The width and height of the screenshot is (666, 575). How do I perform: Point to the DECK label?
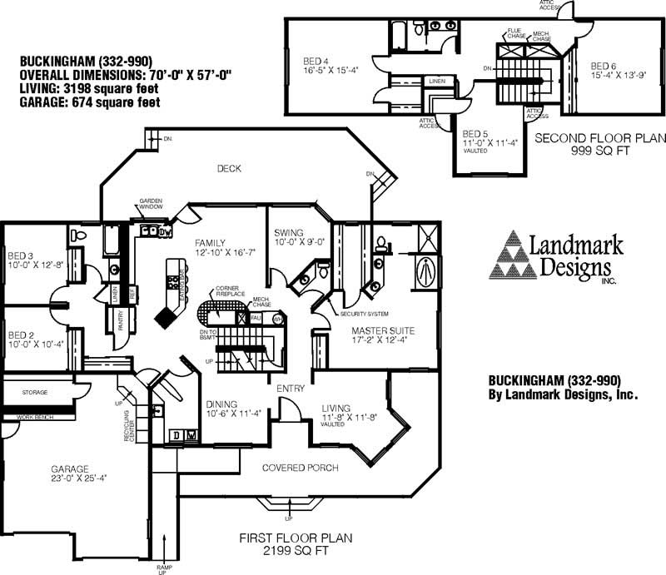229,169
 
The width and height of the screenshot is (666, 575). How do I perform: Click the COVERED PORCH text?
300,468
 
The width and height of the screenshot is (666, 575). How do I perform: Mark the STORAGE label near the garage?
35,391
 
